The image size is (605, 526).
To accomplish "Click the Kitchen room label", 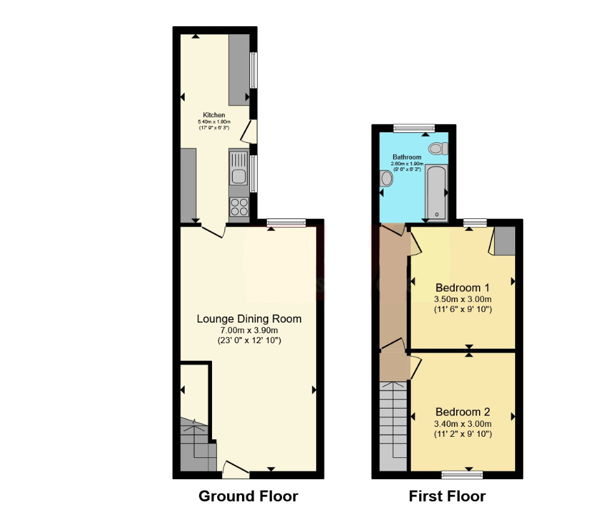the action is (x=214, y=115).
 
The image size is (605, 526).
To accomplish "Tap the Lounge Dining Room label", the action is (x=249, y=319).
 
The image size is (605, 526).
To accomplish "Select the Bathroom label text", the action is (x=407, y=157).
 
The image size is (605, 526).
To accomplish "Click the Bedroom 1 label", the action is (x=462, y=288).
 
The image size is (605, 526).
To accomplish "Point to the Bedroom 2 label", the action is (x=463, y=412).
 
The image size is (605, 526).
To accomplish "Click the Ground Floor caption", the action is (x=248, y=496).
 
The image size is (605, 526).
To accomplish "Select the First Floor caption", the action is (x=447, y=496).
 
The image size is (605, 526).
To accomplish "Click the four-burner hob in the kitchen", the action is (x=240, y=207).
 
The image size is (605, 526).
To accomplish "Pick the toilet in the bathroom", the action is (x=438, y=148).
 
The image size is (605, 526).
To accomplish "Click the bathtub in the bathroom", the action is (x=437, y=193).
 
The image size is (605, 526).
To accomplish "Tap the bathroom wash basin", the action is (x=386, y=178).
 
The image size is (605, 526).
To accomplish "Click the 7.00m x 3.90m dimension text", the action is (x=249, y=330).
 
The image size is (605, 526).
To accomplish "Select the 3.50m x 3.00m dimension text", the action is (x=463, y=299).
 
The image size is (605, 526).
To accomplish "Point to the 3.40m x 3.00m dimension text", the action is (x=463, y=424).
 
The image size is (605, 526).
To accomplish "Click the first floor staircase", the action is (x=393, y=426).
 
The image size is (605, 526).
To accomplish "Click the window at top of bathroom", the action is (x=414, y=128).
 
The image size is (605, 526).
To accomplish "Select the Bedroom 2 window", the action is (x=462, y=475).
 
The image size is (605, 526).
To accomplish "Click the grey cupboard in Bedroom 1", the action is (x=505, y=241).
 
